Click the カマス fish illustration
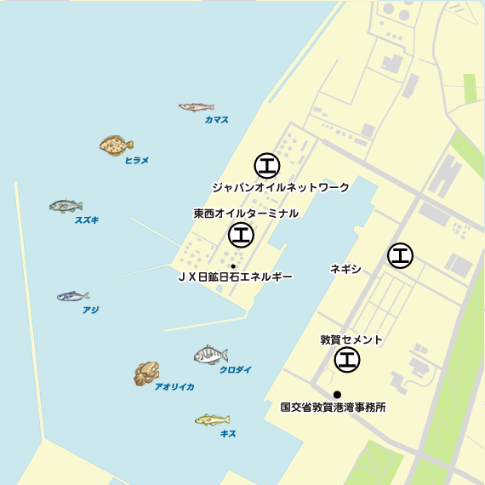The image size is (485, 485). click(196, 106)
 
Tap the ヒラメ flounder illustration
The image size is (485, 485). click(116, 145)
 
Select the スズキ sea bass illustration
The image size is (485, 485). click(66, 206)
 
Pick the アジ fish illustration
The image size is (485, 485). click(73, 296)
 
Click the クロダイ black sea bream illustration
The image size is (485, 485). click(210, 354)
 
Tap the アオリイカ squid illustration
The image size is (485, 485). click(146, 373)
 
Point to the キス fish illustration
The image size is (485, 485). click(212, 419)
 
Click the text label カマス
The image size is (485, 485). click(216, 120)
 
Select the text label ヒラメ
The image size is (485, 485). click(136, 160)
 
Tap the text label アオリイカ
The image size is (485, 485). click(174, 387)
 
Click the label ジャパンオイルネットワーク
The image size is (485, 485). click(281, 187)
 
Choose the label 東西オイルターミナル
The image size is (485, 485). click(246, 214)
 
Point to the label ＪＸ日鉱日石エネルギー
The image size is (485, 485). click(235, 277)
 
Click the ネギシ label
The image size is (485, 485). click(345, 269)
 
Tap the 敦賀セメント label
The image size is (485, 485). click(351, 339)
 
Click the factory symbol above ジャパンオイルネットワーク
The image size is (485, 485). click(266, 164)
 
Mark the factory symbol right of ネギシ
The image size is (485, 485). click(400, 254)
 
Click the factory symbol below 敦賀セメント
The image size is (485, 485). click(346, 361)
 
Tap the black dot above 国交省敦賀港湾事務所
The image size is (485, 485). click(338, 394)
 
